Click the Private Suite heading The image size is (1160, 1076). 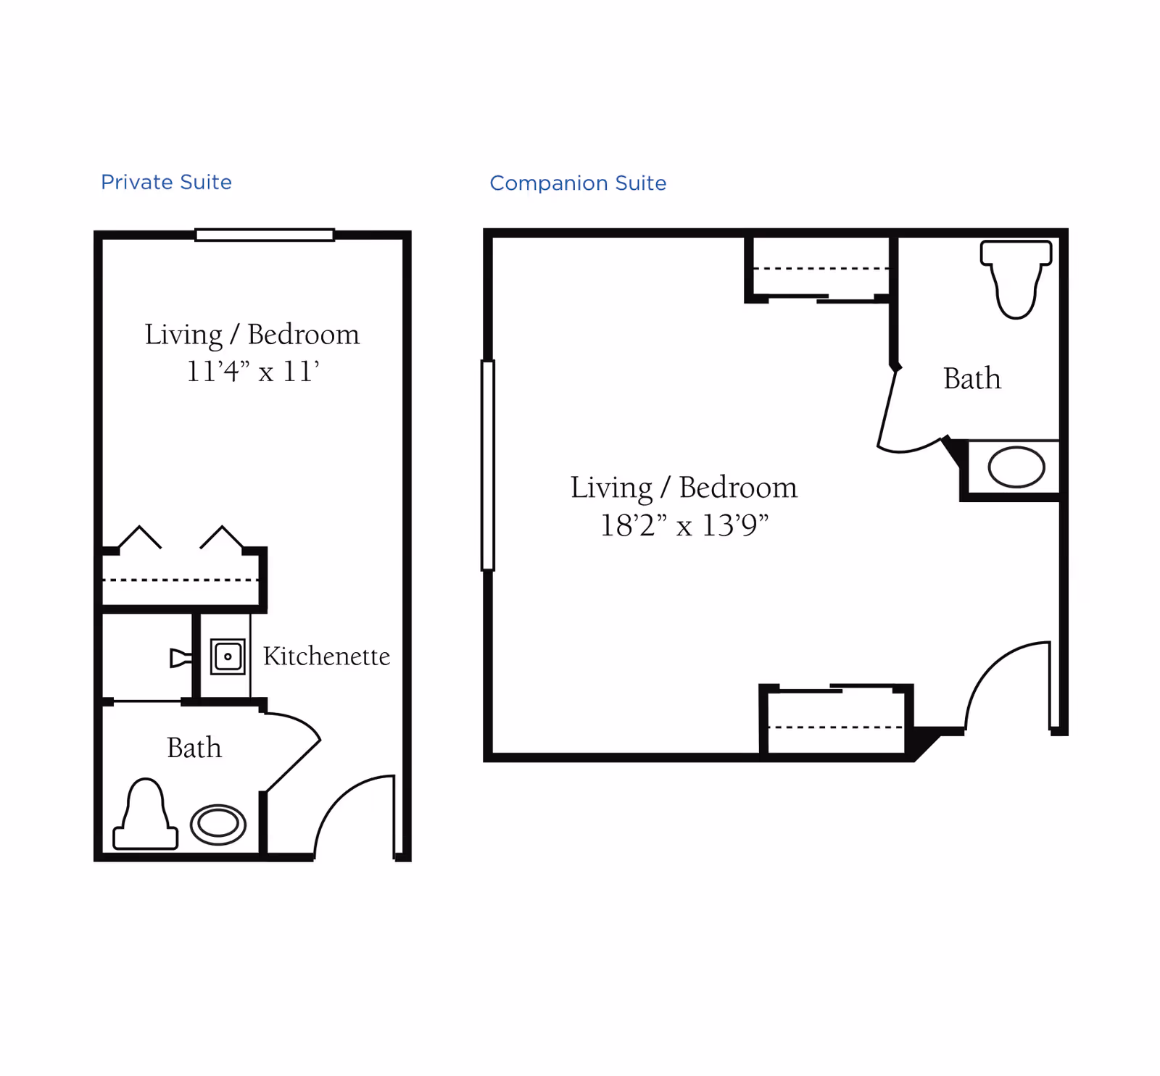tap(166, 182)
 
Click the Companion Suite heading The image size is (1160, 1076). tap(578, 183)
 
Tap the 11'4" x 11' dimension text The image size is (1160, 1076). tap(252, 372)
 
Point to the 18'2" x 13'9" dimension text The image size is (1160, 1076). tap(684, 525)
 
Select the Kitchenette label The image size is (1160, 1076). tap(326, 656)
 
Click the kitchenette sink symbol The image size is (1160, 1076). tap(228, 656)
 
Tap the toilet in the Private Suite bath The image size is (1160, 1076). tap(146, 814)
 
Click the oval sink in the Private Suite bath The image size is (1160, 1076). tap(218, 824)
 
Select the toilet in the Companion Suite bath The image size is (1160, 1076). tap(1016, 278)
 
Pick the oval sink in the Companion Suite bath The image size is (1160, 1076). tap(1016, 467)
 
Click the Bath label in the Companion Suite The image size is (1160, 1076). tap(971, 378)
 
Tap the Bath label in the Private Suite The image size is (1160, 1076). tap(194, 748)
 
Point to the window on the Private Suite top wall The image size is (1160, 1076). tap(265, 235)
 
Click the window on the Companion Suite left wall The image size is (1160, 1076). tap(488, 465)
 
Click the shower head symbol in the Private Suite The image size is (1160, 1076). tap(181, 658)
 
